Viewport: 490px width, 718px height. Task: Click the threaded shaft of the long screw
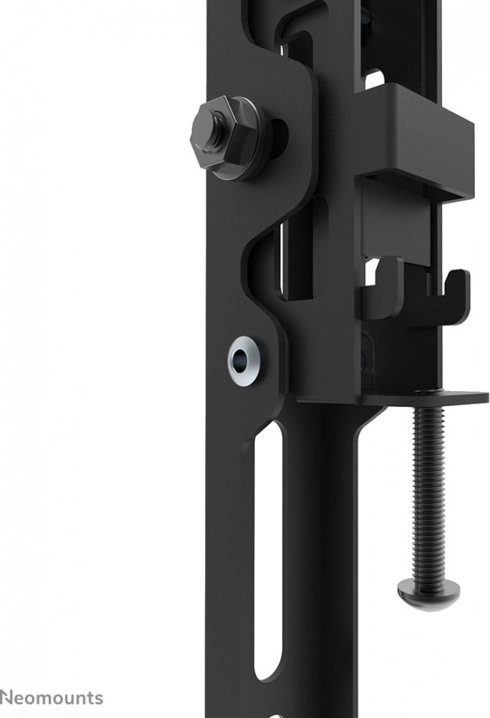pyautogui.click(x=428, y=492)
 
